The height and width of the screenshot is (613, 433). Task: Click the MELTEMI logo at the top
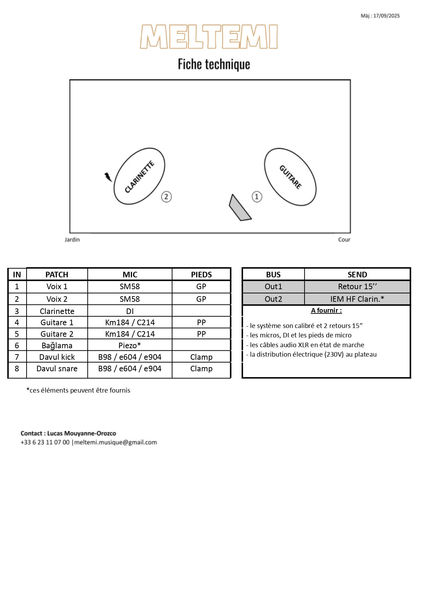click(x=209, y=37)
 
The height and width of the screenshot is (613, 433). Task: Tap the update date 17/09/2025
click(x=386, y=16)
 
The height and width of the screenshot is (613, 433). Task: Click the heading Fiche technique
click(x=214, y=64)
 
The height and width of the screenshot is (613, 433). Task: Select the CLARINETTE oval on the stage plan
click(x=139, y=176)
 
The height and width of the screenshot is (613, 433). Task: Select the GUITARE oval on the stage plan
click(x=290, y=177)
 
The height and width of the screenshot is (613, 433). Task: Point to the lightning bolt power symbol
click(x=108, y=177)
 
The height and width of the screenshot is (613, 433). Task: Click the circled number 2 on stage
click(x=166, y=197)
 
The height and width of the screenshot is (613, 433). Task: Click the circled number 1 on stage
click(x=257, y=197)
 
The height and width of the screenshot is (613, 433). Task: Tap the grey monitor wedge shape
click(x=239, y=209)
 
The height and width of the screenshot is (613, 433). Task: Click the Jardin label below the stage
click(x=72, y=240)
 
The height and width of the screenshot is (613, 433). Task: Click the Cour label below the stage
click(x=344, y=240)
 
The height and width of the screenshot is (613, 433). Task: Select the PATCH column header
click(x=57, y=275)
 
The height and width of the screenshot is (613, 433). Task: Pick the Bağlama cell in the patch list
click(x=57, y=345)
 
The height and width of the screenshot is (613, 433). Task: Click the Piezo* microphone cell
click(x=130, y=345)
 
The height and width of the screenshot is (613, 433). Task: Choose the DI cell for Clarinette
click(x=130, y=311)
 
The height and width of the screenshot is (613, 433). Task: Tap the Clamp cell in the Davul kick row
click(x=201, y=357)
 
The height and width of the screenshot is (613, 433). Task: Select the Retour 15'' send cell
click(x=357, y=287)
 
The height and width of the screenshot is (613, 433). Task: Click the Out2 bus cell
click(x=273, y=299)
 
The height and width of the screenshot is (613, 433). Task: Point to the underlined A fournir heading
click(x=326, y=311)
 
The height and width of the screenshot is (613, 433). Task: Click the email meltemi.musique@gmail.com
click(x=116, y=442)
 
